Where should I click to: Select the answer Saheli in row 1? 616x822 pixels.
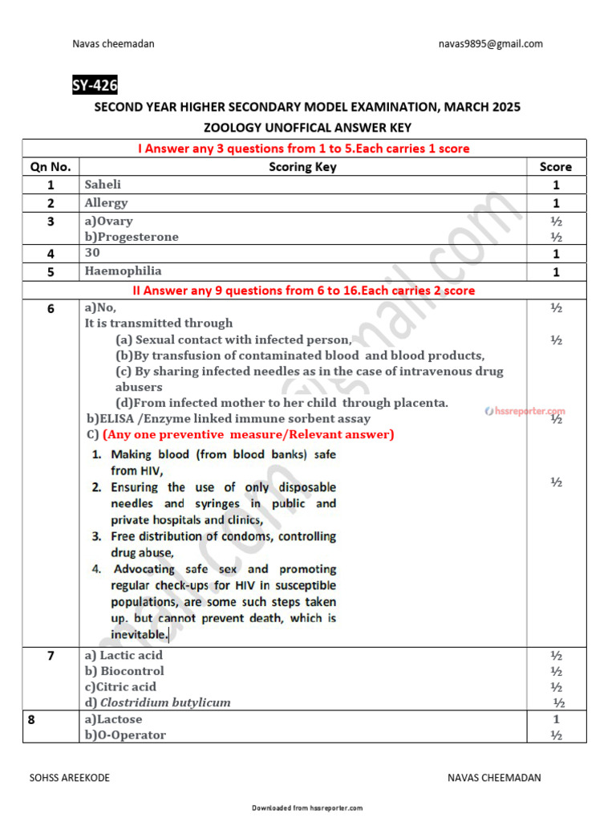pos(103,185)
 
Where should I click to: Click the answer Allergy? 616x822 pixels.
pos(106,203)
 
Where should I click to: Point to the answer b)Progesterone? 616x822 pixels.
pos(132,237)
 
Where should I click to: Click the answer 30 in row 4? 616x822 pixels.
pos(92,253)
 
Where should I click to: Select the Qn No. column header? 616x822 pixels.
pos(51,167)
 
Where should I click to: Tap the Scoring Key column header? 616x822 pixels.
pos(302,167)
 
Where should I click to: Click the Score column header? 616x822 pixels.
pos(555,167)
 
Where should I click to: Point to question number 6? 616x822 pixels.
pos(51,308)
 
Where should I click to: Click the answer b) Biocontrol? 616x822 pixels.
pos(124,671)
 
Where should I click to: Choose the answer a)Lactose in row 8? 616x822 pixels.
pos(113,719)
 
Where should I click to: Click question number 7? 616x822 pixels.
pos(51,656)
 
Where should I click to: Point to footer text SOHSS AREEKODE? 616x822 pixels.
pos(70,778)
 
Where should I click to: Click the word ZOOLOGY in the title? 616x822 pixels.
pos(237,127)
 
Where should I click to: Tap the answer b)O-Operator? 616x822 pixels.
pos(125,735)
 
